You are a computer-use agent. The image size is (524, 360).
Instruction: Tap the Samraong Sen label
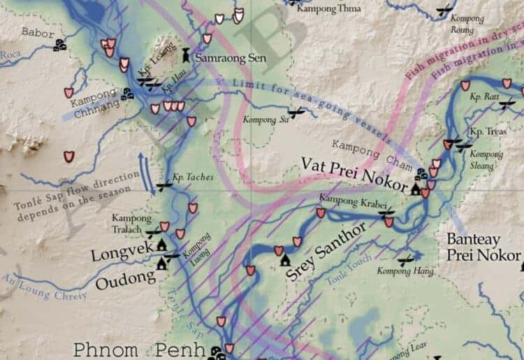221,58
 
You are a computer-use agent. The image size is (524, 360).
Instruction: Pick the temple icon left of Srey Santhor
284,261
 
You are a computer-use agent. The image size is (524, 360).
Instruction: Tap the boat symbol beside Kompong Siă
296,111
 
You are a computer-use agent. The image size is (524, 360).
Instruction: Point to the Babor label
37,31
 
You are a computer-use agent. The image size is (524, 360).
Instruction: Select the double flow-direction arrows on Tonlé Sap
149,173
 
